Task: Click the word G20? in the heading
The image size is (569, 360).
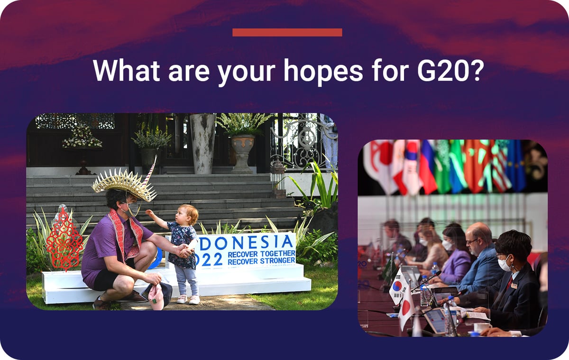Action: (x=449, y=70)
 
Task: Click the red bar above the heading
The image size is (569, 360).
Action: (x=287, y=32)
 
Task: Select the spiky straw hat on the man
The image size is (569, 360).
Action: (x=124, y=183)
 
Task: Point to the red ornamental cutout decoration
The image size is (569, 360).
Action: (x=64, y=240)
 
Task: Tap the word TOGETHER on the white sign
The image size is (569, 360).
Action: (x=277, y=254)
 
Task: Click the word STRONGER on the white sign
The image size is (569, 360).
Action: (x=277, y=261)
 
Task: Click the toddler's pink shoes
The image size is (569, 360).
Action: (x=188, y=299)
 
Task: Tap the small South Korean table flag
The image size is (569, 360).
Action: (x=398, y=286)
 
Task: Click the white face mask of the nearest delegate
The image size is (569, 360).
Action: (x=505, y=263)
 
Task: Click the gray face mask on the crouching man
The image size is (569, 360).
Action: (x=133, y=209)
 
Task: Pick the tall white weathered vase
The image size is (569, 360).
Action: (x=203, y=144)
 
